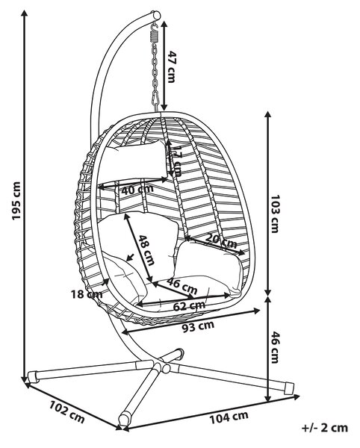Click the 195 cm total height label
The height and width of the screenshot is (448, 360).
tap(16, 201)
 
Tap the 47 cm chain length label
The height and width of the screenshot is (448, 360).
tap(172, 66)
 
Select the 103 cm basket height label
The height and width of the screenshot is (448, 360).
tap(275, 214)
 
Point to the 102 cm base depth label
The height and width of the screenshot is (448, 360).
tap(67, 411)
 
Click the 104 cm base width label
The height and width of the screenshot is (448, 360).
tap(229, 417)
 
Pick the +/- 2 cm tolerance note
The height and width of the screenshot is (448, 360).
tap(325, 428)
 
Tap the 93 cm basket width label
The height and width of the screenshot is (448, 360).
tap(198, 326)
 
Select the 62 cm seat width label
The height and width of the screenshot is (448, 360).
tap(189, 306)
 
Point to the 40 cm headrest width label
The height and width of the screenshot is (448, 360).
tap(137, 190)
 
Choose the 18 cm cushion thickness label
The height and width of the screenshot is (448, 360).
tap(87, 294)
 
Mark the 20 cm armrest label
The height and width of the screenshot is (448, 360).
tap(221, 240)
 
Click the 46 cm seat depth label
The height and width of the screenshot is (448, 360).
tap(182, 286)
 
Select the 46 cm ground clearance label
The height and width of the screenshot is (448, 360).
tap(275, 347)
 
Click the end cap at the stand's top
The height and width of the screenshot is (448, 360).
tap(156, 15)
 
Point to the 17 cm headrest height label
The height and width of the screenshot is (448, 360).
tap(177, 161)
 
